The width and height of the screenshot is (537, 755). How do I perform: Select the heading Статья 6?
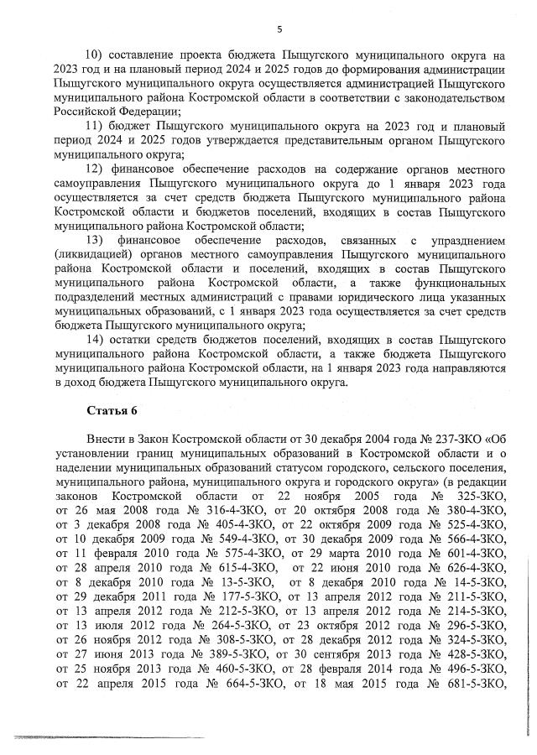pos(111,410)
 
